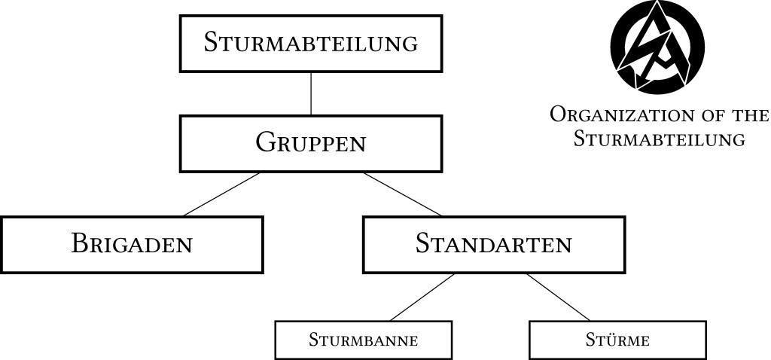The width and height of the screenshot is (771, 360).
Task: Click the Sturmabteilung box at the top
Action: point(310,43)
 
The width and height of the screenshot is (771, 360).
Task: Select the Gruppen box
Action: point(310,143)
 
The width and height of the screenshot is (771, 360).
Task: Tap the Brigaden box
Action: point(132,244)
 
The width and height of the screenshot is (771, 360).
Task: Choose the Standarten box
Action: point(493,244)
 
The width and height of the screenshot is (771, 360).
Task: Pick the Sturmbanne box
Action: point(363,340)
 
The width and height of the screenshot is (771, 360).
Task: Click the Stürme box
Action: point(617,340)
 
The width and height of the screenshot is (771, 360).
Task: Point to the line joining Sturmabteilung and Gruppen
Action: point(311,93)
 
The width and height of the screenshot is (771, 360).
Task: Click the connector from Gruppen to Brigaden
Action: point(221,194)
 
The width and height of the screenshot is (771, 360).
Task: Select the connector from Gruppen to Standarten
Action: point(402,194)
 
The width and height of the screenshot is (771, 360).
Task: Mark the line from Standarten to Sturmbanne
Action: point(422,297)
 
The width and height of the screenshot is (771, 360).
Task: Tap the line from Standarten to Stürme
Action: point(558,297)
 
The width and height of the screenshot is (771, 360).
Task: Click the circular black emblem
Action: point(657,46)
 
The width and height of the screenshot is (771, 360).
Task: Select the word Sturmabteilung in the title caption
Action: point(659,139)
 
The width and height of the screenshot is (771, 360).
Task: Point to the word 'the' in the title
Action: point(749,115)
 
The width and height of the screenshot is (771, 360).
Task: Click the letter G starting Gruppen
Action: point(264,142)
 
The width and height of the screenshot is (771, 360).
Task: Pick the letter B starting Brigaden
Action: point(79,243)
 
